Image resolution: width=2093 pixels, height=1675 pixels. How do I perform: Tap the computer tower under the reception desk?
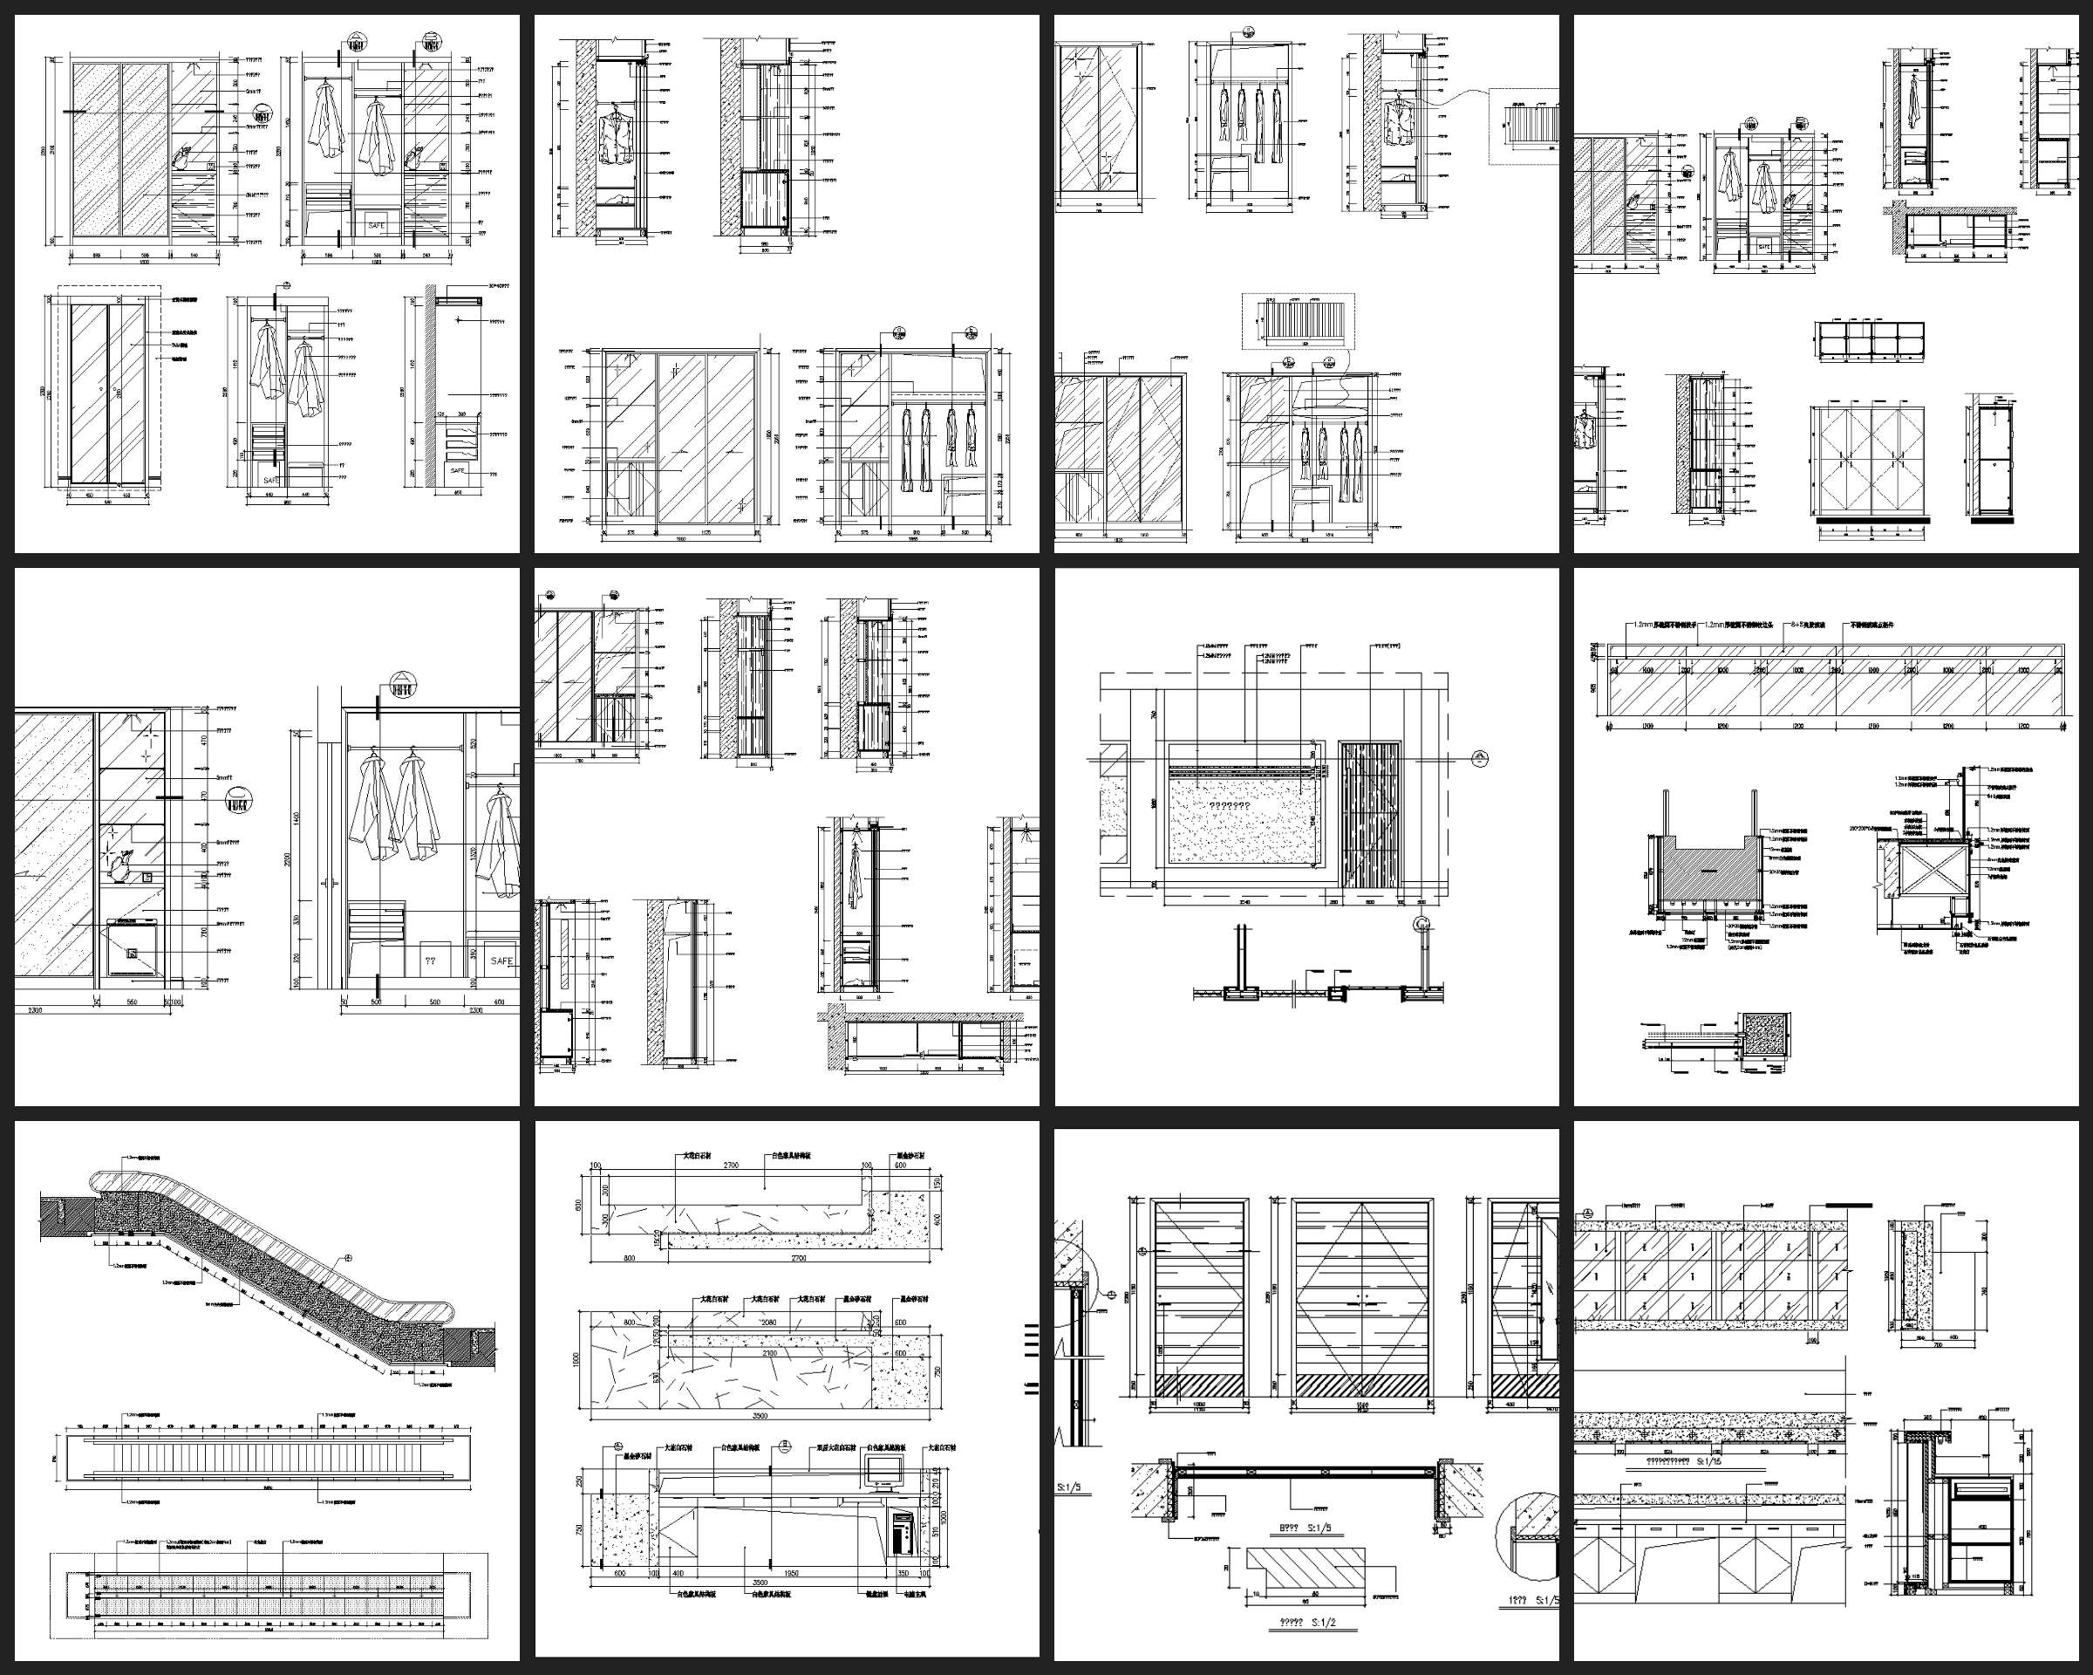click(902, 1535)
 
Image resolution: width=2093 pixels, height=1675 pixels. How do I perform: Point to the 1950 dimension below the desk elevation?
click(791, 1573)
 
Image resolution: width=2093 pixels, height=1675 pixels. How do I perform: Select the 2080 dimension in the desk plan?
click(769, 1323)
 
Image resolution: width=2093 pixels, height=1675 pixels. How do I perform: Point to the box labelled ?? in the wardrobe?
click(430, 961)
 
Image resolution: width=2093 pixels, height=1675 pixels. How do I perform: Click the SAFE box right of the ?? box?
click(501, 961)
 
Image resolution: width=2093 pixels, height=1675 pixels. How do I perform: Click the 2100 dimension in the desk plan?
click(769, 1352)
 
